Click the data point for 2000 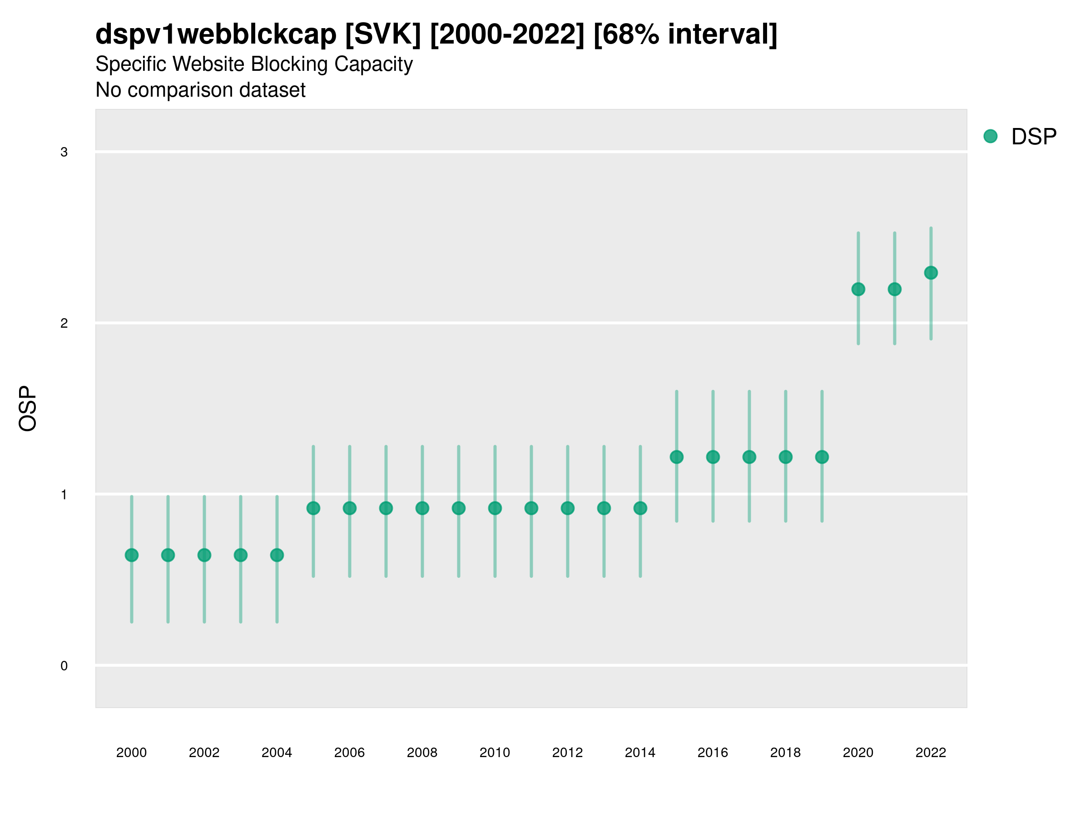(x=132, y=555)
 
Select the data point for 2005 (x=313, y=508)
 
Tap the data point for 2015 (x=677, y=457)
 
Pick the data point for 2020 (x=858, y=289)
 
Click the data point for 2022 (x=931, y=273)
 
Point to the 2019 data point (x=822, y=457)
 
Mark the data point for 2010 (x=495, y=508)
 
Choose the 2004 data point (x=277, y=555)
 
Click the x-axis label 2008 (x=422, y=753)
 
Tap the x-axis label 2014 (x=640, y=753)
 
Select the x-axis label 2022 (x=931, y=753)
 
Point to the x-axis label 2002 (x=204, y=753)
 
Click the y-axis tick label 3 (x=64, y=152)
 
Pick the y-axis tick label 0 (x=64, y=666)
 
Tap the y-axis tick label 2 (x=64, y=324)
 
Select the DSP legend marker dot (x=991, y=137)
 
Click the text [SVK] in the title (x=383, y=34)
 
